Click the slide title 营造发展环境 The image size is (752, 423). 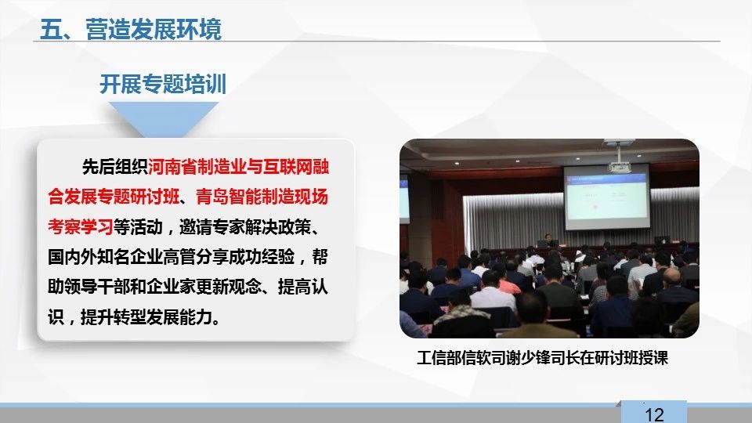(154, 29)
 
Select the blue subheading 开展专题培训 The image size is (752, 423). (163, 84)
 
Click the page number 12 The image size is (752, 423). (654, 414)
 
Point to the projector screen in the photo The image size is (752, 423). (606, 197)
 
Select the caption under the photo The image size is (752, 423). (542, 358)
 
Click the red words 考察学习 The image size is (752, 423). (80, 227)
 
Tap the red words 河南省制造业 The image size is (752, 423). (197, 167)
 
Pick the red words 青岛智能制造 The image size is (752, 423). (244, 197)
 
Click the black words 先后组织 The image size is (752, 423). (114, 167)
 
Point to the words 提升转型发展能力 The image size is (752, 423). (146, 317)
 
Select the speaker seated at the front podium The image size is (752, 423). (548, 240)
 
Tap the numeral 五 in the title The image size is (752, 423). (50, 29)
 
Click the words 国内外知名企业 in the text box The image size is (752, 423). (105, 257)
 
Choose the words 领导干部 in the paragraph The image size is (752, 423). (96, 287)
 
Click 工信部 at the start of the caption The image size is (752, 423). (439, 358)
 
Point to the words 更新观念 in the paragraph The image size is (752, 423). (229, 287)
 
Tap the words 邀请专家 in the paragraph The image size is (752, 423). (212, 227)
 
